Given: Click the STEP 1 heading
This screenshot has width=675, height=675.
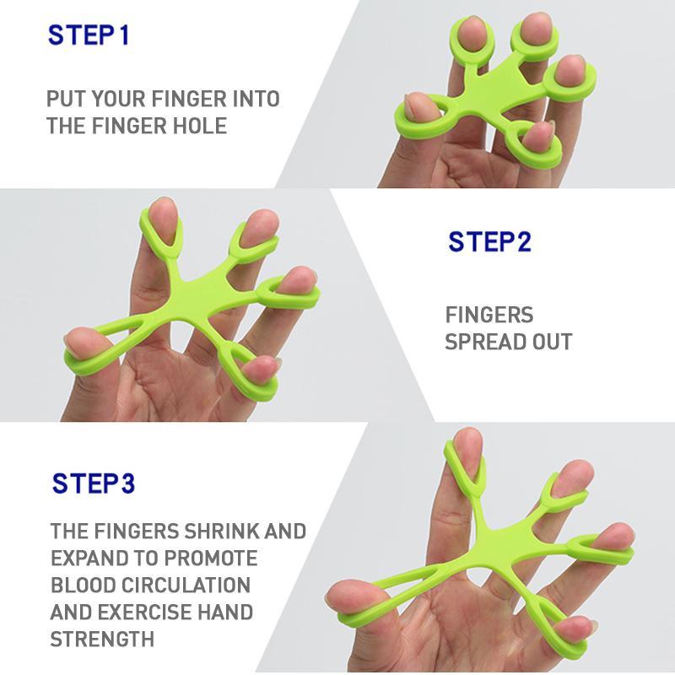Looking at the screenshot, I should [x=89, y=35].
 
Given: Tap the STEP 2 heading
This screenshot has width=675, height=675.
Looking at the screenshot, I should [x=489, y=242].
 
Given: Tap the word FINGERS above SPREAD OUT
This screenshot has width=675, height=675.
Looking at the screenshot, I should [x=489, y=315].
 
